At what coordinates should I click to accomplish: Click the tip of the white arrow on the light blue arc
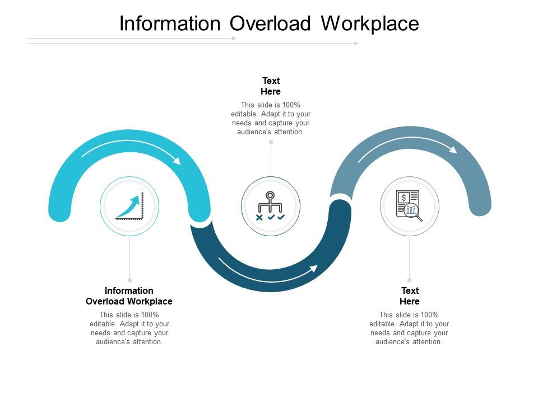[180, 163]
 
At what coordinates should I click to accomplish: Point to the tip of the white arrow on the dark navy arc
[317, 266]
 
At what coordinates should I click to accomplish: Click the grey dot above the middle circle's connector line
[271, 142]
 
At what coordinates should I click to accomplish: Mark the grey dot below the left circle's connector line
[129, 280]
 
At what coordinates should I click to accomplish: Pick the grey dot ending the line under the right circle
[409, 280]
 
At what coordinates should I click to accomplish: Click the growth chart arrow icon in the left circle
[129, 206]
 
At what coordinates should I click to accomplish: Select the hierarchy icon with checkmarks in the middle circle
[270, 206]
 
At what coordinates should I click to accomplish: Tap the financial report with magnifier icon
[409, 206]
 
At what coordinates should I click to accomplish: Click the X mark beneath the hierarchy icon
[259, 217]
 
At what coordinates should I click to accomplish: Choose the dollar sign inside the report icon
[404, 198]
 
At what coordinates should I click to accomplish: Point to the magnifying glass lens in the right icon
[411, 209]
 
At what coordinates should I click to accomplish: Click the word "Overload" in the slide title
[270, 24]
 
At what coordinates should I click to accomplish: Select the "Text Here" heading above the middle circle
[271, 86]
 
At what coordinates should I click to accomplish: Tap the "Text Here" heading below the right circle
[410, 296]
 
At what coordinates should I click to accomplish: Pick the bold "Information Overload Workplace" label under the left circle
[129, 296]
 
